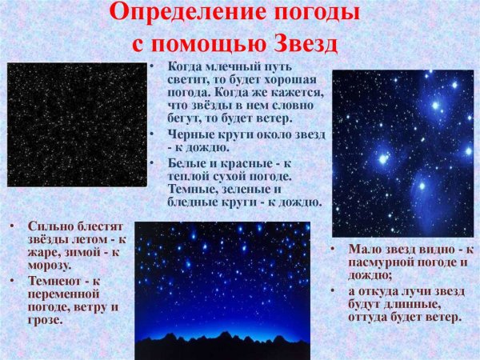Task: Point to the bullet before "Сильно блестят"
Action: tap(13, 226)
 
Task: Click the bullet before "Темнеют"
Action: tap(13, 281)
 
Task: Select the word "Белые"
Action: tap(186, 162)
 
